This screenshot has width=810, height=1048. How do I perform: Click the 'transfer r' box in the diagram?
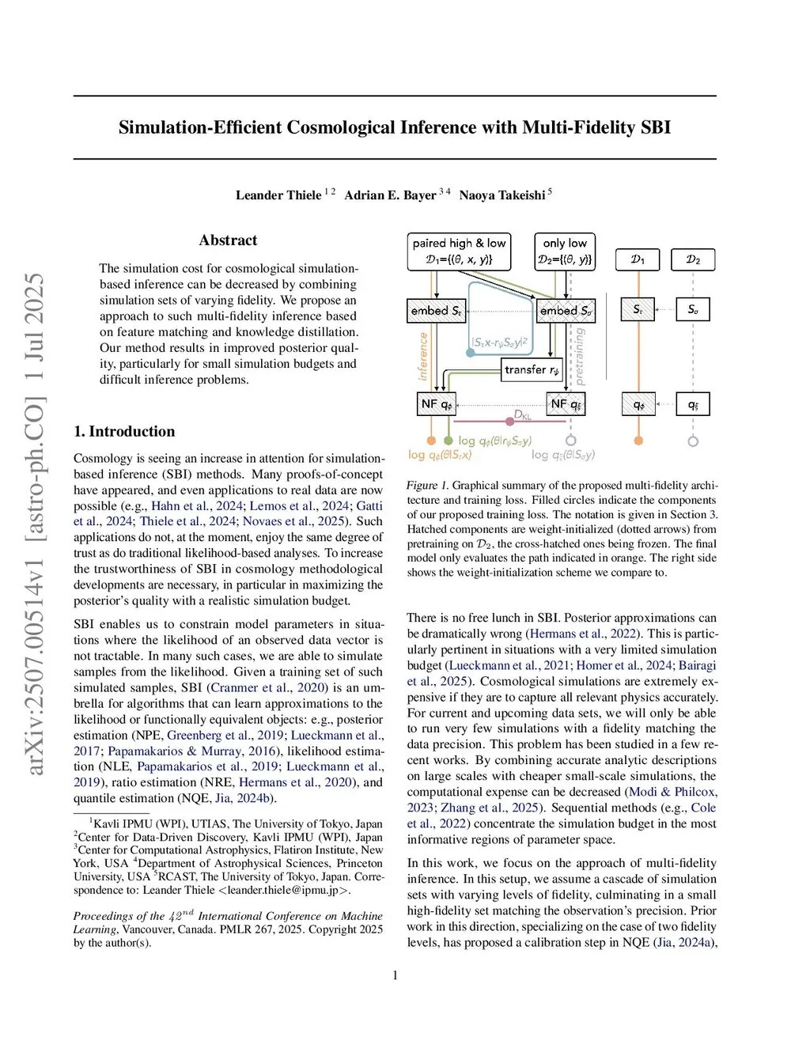point(532,369)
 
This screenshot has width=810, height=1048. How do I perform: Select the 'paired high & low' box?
point(459,251)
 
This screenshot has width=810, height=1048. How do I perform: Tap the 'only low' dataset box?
point(565,251)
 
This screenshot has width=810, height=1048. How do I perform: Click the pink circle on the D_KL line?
point(510,421)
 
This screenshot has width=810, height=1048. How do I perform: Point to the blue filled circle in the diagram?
point(471,353)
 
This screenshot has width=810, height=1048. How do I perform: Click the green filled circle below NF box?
point(449,441)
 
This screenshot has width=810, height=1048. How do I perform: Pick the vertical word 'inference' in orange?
point(423,356)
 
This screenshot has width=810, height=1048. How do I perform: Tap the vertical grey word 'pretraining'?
point(579,357)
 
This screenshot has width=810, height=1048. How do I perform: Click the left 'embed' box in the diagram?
point(436,311)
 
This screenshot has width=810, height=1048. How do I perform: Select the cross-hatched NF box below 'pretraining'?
point(566,404)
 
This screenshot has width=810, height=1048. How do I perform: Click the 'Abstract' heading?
point(228,240)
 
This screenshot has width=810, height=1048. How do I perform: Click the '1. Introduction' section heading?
point(124,431)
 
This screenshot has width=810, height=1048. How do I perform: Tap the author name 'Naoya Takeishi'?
point(502,195)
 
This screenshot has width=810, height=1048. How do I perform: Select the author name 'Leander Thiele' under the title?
point(278,195)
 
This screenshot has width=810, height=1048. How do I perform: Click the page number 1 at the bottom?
point(396,975)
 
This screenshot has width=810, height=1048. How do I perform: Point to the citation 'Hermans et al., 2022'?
point(583,634)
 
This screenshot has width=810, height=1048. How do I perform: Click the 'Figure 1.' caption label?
point(427,486)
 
